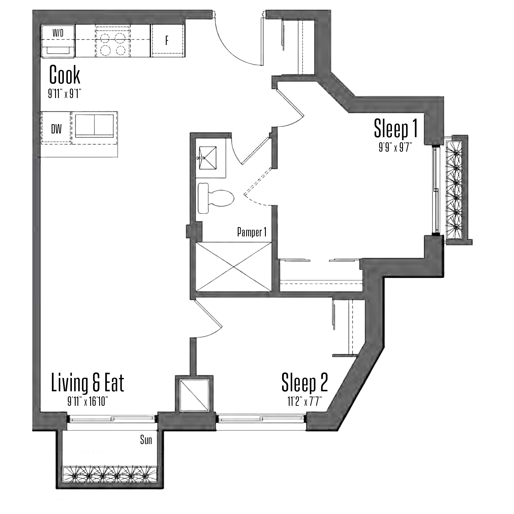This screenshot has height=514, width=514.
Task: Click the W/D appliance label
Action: pos(58,33)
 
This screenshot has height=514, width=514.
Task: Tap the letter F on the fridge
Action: pos(167,41)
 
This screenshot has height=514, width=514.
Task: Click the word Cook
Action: pos(65,75)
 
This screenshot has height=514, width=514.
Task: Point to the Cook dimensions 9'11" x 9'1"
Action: pos(65,94)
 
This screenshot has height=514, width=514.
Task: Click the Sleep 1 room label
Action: pos(396,128)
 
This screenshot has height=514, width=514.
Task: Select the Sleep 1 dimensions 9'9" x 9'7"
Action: pos(395,148)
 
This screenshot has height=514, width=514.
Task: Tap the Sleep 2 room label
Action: pos(305,383)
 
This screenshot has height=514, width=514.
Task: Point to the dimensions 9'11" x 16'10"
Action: pos(88,402)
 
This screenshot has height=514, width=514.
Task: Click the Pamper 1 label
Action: pos(252,232)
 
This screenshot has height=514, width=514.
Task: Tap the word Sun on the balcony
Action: pos(146,440)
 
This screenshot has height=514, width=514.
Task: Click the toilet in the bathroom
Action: pos(216,198)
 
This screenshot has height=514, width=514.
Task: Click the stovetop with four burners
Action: pos(113,42)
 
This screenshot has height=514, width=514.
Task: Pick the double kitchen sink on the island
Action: pos(95,126)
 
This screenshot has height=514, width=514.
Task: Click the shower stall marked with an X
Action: pos(234,267)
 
